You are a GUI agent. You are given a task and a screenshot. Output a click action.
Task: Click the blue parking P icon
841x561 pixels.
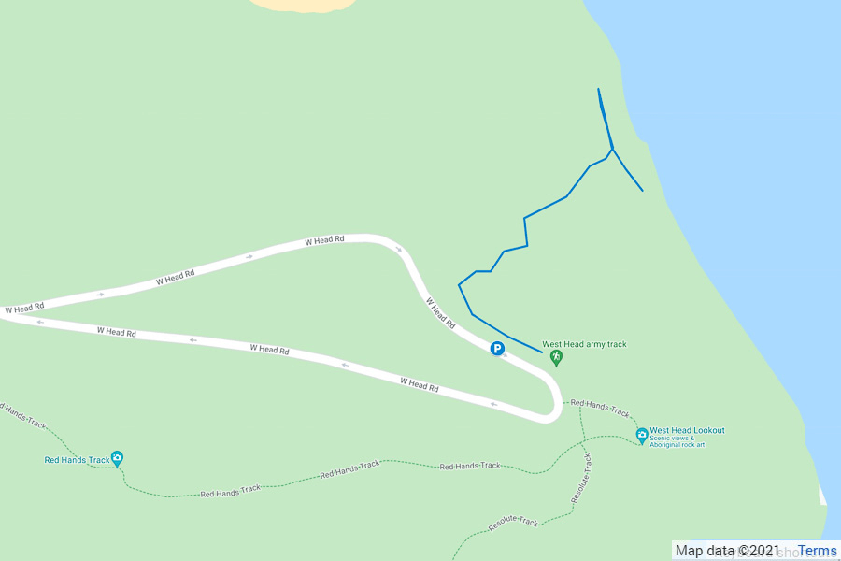tap(498, 349)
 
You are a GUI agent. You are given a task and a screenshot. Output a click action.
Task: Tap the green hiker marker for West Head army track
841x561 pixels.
tap(557, 357)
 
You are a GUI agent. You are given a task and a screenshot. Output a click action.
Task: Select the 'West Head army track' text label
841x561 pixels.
tap(584, 344)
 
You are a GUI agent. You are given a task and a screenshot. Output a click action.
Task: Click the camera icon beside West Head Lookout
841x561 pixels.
tap(642, 435)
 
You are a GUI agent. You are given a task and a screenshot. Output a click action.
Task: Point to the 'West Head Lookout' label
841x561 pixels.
tap(687, 431)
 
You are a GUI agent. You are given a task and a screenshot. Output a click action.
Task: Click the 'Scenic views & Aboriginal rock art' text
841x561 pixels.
tap(678, 441)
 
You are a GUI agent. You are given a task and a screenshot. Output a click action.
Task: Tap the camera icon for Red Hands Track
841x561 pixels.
tap(117, 458)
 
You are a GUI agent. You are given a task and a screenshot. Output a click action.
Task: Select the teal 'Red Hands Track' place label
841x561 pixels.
tap(76, 459)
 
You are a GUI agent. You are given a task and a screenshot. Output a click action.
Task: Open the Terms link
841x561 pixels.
tap(818, 551)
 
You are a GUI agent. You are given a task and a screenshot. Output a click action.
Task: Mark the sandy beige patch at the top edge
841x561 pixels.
tap(304, 5)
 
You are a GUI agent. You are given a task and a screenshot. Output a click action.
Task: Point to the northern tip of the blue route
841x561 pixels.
tap(598, 90)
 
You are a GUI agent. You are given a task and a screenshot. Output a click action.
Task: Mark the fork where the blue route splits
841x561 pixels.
tap(612, 149)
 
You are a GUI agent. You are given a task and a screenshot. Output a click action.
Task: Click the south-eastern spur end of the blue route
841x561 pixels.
tap(642, 191)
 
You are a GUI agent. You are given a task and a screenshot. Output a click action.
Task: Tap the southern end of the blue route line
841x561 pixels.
tap(542, 352)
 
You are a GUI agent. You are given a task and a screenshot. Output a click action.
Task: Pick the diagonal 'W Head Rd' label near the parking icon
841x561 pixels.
tap(441, 313)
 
